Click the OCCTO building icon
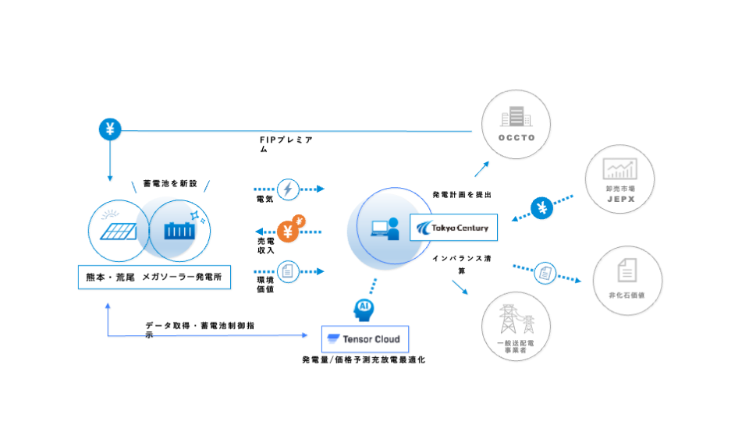click(x=516, y=119)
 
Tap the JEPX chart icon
click(x=620, y=169)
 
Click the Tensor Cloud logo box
click(x=364, y=339)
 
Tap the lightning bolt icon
click(x=288, y=189)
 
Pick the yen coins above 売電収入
click(x=290, y=228)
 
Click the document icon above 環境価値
click(x=288, y=271)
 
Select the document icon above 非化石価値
click(x=626, y=270)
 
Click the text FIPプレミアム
click(x=286, y=143)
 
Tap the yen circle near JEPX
click(x=541, y=208)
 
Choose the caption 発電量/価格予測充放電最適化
click(x=364, y=360)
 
